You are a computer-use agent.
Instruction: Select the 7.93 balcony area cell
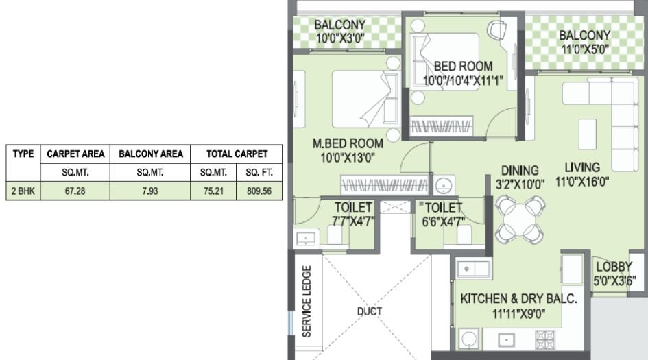click(150, 192)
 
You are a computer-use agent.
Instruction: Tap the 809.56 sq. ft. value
click(259, 192)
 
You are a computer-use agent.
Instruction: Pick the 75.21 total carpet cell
click(213, 192)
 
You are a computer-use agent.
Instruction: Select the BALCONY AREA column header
click(150, 154)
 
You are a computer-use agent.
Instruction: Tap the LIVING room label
click(582, 167)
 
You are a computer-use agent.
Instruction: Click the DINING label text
click(519, 170)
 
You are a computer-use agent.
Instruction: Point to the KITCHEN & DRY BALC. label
click(519, 299)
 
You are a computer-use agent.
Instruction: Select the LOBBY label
click(614, 267)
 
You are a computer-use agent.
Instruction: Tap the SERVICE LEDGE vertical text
click(307, 302)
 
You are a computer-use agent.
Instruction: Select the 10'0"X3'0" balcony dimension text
click(340, 39)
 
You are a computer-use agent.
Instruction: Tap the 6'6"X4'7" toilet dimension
click(442, 220)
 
